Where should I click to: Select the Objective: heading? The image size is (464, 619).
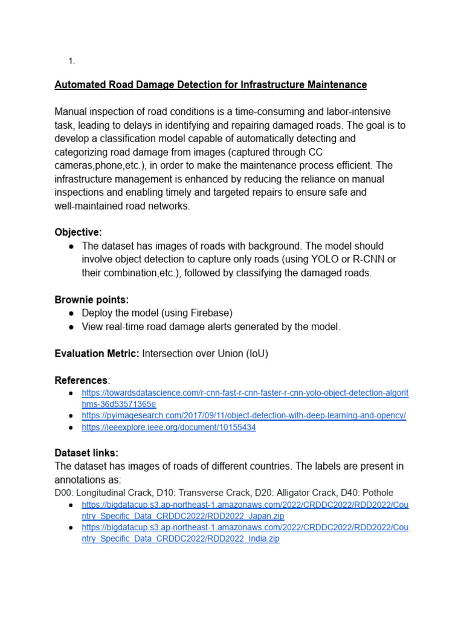click(79, 233)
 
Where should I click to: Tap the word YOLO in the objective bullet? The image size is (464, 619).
click(326, 259)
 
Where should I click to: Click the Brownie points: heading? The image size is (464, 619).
click(92, 300)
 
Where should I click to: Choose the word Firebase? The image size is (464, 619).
click(210, 313)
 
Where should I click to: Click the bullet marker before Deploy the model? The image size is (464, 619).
click(71, 313)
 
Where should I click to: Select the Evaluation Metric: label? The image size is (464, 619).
click(97, 354)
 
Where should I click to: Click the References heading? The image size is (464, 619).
click(81, 381)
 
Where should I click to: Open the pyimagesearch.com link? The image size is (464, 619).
click(243, 416)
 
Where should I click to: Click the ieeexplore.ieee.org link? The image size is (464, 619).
click(169, 427)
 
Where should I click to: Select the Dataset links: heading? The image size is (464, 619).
click(86, 453)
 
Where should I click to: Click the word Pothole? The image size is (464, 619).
click(378, 493)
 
